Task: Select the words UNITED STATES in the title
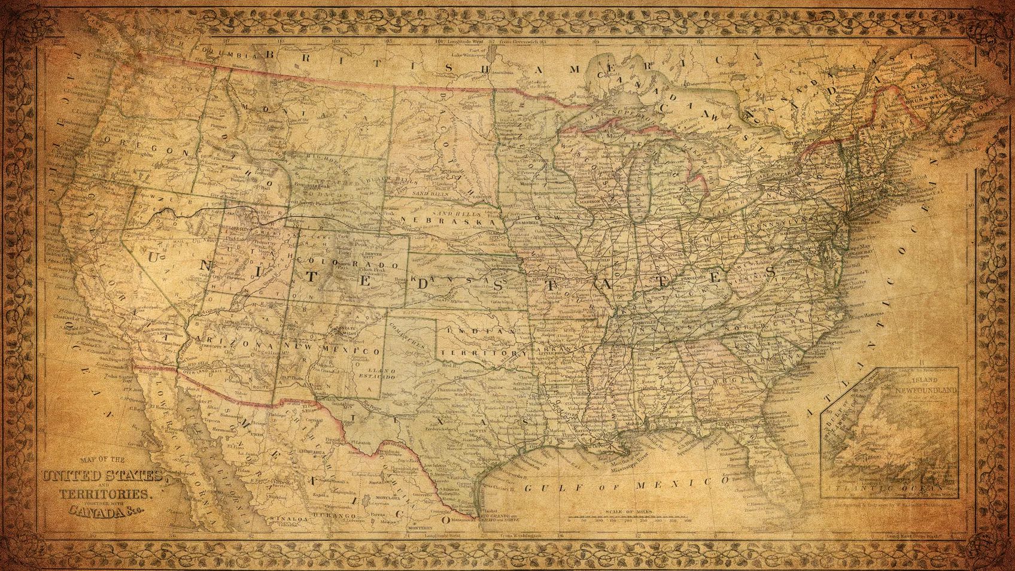101,476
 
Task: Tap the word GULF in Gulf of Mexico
545,488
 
